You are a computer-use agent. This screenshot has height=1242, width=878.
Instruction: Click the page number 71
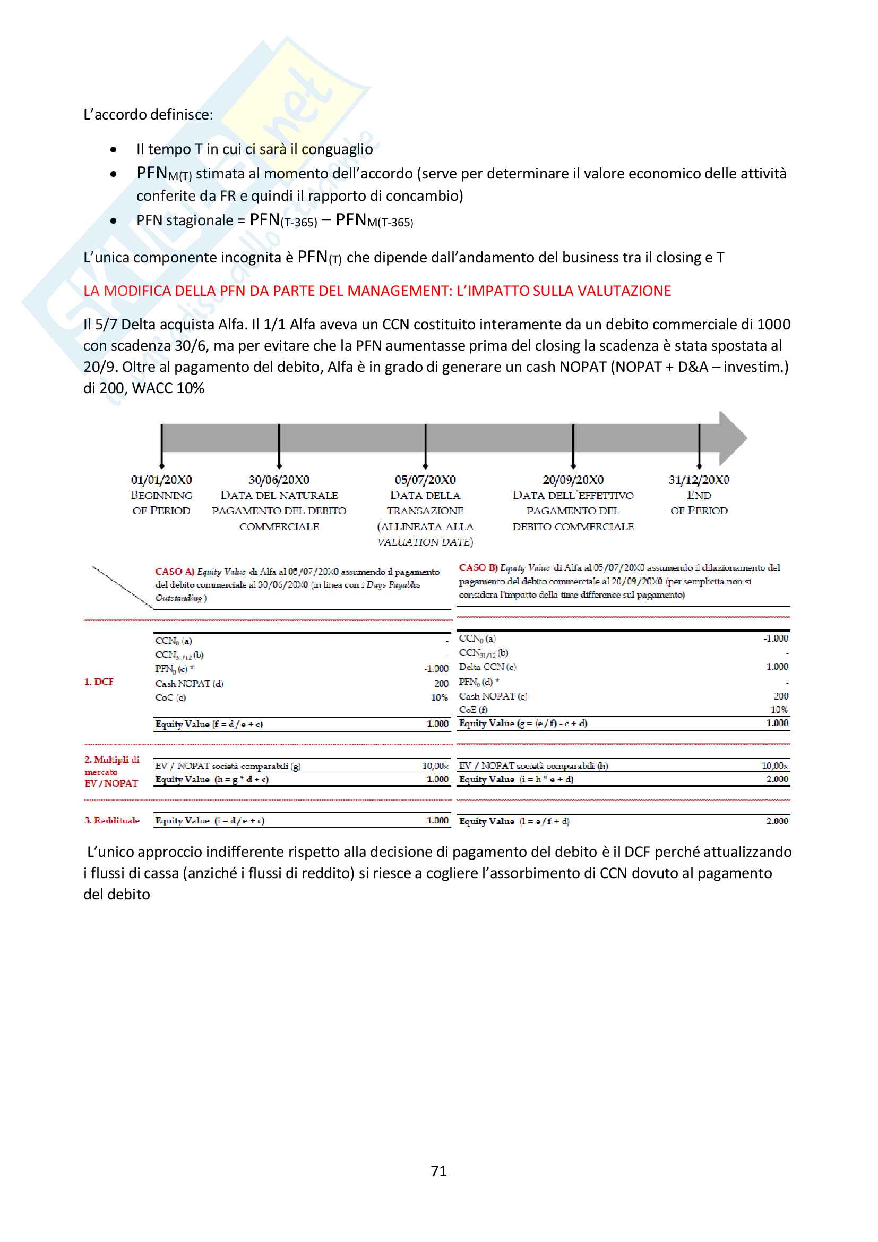[438, 1171]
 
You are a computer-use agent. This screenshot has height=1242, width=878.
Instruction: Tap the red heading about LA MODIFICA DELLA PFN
[377, 291]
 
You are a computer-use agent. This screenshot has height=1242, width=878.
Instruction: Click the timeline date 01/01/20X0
[161, 480]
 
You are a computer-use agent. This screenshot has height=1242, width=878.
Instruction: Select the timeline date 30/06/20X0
[279, 480]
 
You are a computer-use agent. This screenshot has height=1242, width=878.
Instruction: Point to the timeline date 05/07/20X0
[425, 480]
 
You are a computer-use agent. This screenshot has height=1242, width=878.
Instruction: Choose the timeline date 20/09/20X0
[573, 480]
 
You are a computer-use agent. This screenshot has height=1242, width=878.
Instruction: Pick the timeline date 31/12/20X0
[699, 480]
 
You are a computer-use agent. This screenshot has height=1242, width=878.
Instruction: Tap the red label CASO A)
[174, 571]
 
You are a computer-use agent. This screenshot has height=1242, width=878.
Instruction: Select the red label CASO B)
[478, 567]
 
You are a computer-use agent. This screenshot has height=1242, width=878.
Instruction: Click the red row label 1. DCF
[99, 682]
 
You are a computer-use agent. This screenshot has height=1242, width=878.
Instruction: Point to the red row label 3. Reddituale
[112, 820]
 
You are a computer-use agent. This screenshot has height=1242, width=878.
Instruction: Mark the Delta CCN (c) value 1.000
[777, 667]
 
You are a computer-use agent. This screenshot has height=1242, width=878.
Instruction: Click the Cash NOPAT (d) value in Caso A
[441, 684]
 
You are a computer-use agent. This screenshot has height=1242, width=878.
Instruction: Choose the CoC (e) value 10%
[440, 698]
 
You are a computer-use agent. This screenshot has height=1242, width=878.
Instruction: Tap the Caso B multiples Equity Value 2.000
[777, 779]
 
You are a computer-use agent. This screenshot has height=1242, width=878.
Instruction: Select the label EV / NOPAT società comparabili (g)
[228, 766]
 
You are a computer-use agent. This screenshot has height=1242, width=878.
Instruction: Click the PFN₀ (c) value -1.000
[436, 669]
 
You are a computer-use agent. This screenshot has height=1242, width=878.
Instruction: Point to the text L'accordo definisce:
[148, 115]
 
